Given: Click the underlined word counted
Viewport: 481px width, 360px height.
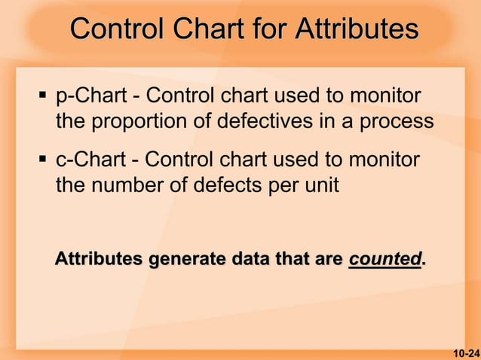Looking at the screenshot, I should tap(384, 260).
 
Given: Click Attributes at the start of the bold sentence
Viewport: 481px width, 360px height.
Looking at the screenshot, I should tap(98, 260).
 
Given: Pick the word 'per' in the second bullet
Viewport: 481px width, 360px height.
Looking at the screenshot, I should tap(286, 185).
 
